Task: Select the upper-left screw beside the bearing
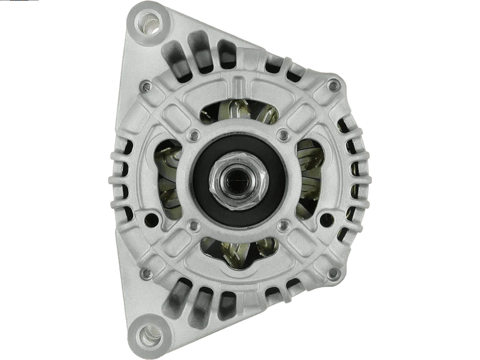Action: [x=193, y=136]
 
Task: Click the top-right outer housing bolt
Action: [x=333, y=86]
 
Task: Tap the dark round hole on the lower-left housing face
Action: [x=151, y=221]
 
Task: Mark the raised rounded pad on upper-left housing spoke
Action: [x=178, y=118]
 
